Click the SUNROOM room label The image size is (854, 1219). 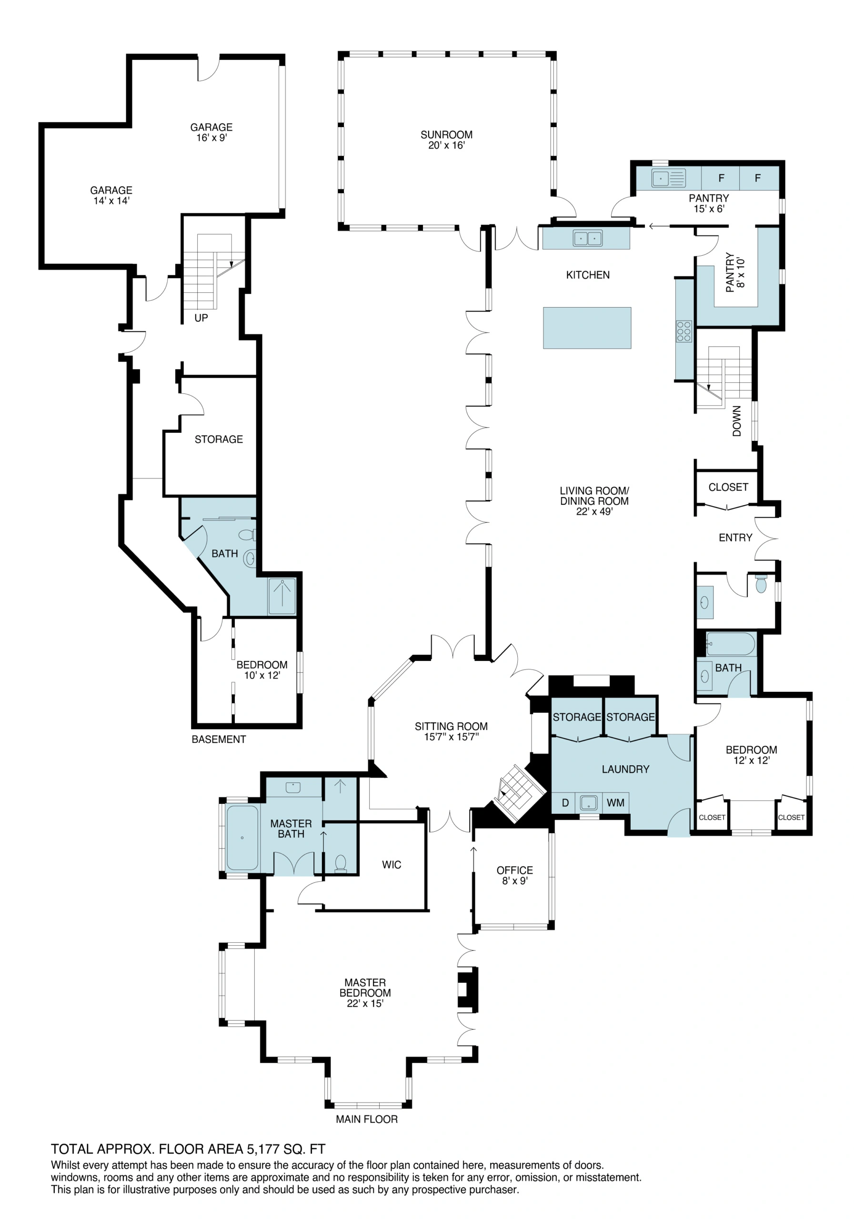pos(446,140)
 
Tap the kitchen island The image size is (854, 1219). pos(587,328)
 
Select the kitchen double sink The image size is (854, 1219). pos(587,239)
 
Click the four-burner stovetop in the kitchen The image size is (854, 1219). pos(684,331)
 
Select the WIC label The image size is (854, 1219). pos(392,865)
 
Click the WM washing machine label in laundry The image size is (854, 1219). pos(615,803)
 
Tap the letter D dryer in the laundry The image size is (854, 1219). pos(565,803)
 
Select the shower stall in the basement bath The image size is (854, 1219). pos(282,596)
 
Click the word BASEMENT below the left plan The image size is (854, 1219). pos(219,739)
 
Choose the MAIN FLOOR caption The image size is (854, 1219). pos(366,1119)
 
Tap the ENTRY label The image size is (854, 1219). pos(735,537)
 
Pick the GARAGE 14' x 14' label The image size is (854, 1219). pos(111,195)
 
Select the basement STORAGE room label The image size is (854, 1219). pos(219,439)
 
